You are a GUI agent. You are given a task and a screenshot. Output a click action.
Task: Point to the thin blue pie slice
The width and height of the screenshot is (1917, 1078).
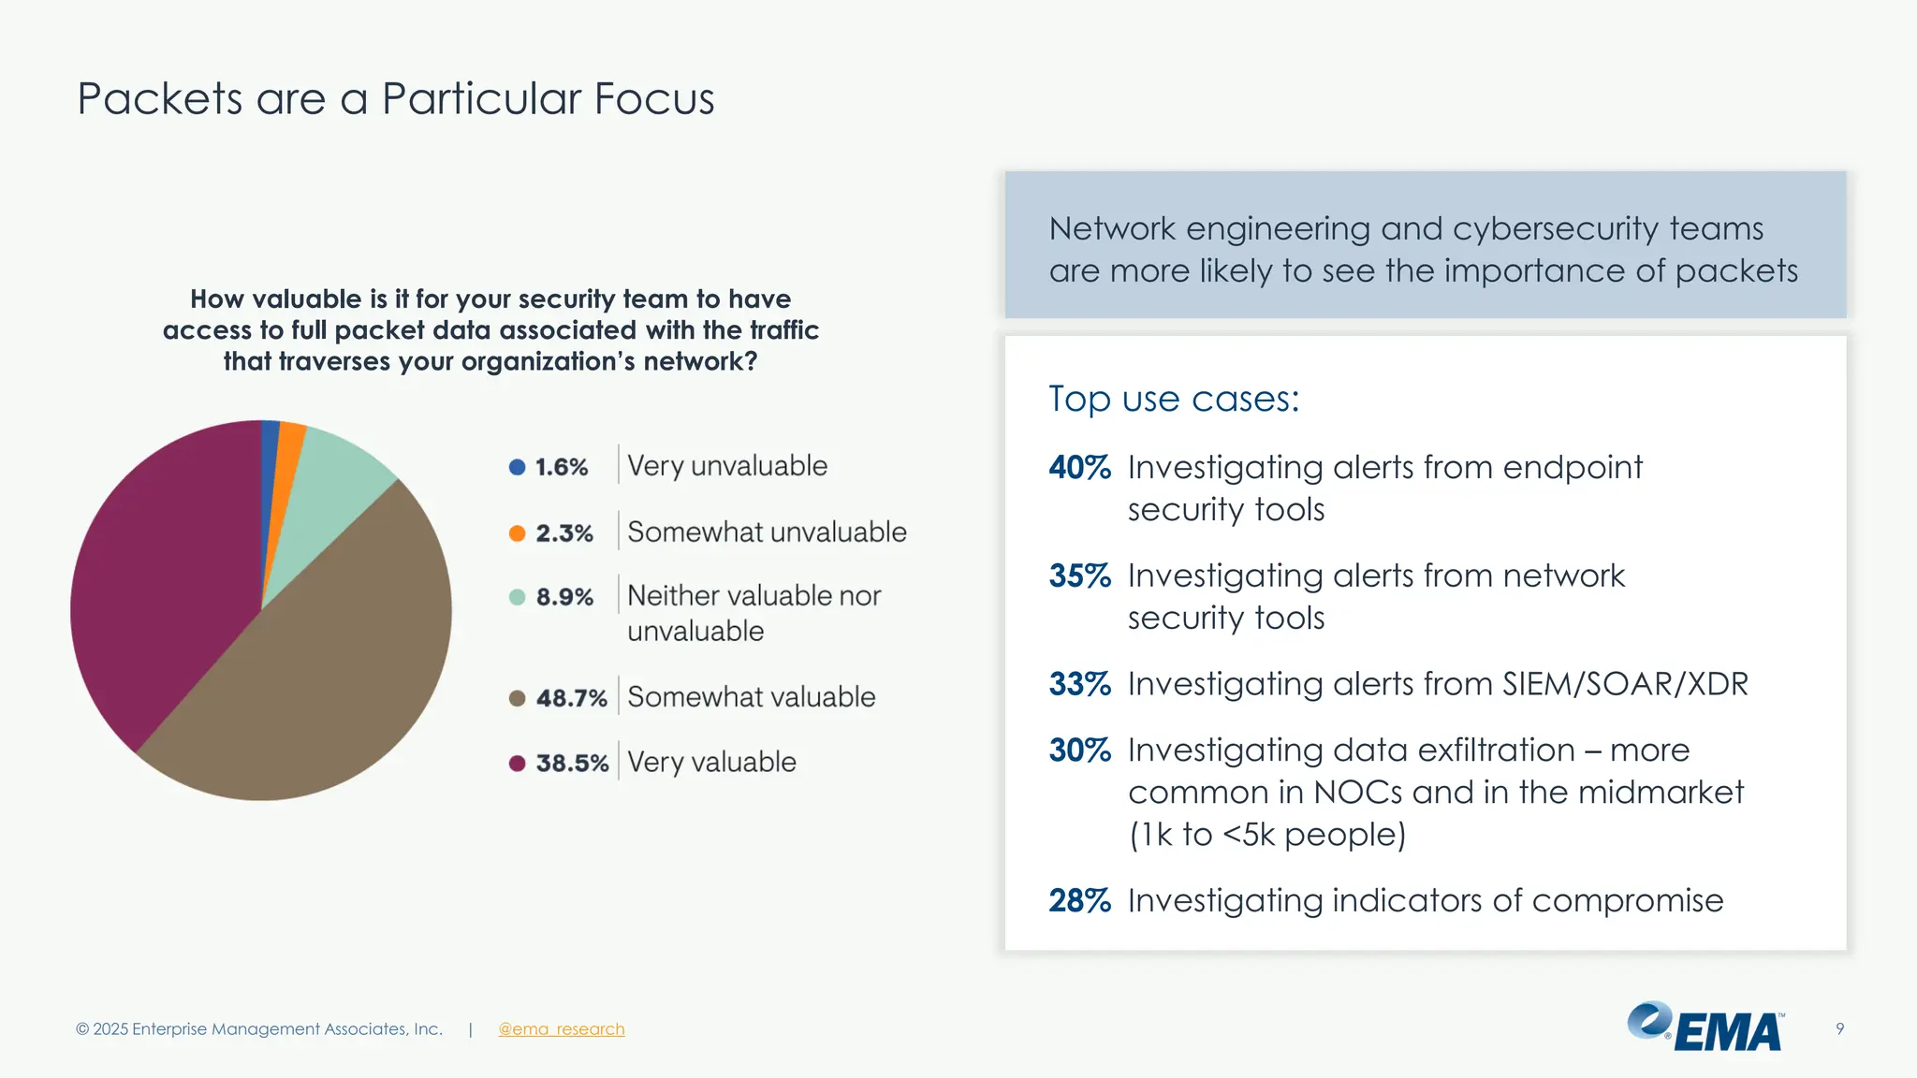point(270,468)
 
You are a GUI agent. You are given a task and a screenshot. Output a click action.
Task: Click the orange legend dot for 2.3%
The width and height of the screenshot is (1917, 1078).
point(517,533)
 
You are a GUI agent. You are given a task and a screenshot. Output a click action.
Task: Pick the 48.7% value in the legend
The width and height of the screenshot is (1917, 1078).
point(571,698)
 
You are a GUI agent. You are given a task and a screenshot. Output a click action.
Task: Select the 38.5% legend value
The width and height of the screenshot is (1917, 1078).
point(572,764)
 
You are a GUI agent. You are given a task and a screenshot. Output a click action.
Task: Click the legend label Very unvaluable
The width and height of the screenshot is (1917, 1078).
point(727,466)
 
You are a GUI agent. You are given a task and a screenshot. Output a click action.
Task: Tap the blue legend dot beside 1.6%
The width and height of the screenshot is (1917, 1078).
point(517,467)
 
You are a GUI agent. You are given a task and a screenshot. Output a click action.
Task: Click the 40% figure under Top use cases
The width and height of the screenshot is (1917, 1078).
point(1079,467)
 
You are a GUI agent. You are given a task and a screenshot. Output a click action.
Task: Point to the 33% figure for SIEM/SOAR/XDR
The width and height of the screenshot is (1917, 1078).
point(1079,684)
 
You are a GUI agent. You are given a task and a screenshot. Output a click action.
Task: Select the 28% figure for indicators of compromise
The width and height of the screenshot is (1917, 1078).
point(1079,900)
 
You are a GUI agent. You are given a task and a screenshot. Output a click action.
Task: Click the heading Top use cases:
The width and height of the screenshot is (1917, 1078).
point(1174,400)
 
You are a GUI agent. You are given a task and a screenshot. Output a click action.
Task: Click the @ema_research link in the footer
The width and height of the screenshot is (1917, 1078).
point(562,1029)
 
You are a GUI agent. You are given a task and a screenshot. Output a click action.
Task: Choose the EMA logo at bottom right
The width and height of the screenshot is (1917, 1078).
point(1705,1027)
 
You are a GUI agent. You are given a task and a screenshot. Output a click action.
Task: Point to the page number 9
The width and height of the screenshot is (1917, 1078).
point(1840,1029)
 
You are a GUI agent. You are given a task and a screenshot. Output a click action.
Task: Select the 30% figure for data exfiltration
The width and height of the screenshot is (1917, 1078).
point(1079,750)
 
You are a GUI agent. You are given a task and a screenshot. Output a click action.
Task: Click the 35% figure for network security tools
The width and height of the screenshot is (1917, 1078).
point(1079,575)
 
